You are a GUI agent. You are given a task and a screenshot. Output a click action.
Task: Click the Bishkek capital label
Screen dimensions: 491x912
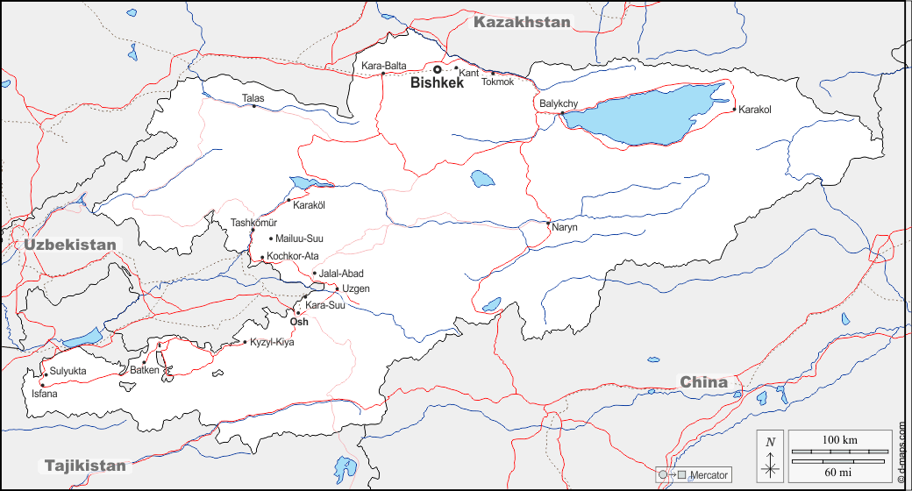(x=437, y=83)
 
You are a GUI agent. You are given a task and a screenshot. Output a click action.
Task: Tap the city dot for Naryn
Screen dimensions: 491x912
(x=548, y=224)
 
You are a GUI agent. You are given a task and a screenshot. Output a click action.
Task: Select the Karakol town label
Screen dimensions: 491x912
(x=754, y=110)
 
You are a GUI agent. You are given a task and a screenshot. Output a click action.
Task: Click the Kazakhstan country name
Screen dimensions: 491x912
(x=522, y=22)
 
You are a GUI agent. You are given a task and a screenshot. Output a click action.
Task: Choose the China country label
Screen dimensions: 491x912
(x=704, y=381)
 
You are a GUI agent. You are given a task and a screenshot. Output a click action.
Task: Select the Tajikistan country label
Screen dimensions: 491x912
(x=85, y=466)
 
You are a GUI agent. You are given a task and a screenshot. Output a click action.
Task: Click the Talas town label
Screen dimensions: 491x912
(x=253, y=99)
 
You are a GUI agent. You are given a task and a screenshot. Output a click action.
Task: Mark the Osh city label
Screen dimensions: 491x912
(x=299, y=322)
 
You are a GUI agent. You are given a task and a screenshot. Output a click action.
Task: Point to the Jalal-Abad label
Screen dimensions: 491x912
(x=341, y=274)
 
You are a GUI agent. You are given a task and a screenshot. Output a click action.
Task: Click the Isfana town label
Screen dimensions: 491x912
(x=46, y=394)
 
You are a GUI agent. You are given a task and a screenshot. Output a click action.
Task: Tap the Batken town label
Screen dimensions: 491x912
(x=145, y=370)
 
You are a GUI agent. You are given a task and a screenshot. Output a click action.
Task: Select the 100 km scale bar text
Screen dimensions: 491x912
(x=839, y=438)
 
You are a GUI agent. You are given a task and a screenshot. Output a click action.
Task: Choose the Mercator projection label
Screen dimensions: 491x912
(x=709, y=475)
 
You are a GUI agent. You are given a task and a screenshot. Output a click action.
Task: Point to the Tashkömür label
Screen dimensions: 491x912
(x=253, y=223)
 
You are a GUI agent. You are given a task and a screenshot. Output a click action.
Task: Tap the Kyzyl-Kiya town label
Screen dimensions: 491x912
(x=272, y=342)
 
